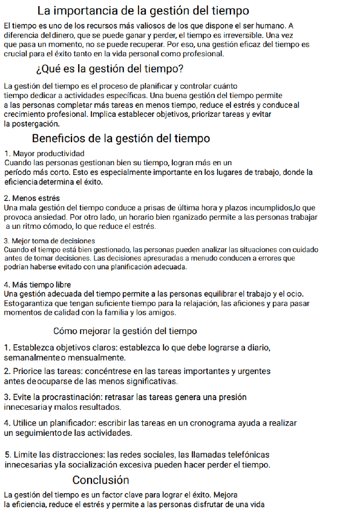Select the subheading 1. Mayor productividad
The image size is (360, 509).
44,153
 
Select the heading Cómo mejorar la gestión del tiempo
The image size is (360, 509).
125,331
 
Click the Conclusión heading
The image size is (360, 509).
100,480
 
